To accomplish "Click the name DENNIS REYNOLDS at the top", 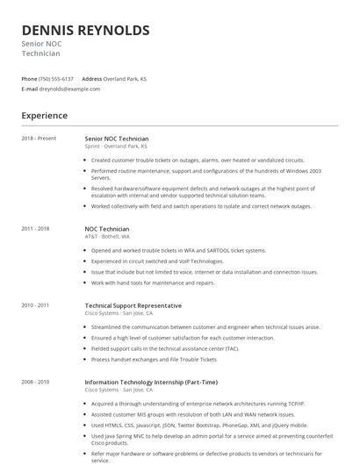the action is point(85,31).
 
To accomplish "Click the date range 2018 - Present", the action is point(39,139).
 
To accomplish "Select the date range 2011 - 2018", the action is point(36,228).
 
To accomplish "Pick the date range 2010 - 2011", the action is point(36,304).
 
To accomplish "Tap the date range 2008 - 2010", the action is point(36,382).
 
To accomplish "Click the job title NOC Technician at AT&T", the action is point(107,228).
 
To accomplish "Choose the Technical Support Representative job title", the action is point(133,304).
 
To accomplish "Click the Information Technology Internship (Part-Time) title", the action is point(150,382).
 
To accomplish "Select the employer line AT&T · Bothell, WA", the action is point(107,236).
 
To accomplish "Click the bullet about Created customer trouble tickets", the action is point(198,161).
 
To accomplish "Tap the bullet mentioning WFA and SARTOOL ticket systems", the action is point(178,250).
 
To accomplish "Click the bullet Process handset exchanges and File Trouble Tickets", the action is point(154,360).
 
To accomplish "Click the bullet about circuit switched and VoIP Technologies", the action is point(158,261).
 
